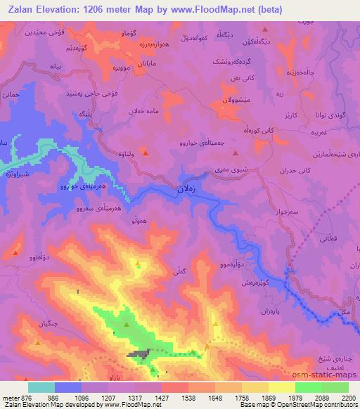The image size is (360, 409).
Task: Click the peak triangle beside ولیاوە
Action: coord(145,152)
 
